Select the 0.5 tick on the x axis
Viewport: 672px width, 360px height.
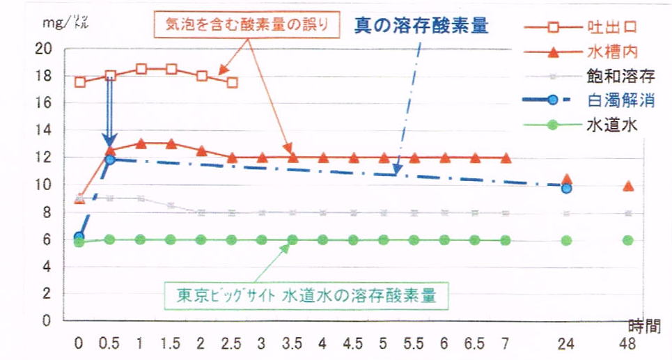click(x=110, y=343)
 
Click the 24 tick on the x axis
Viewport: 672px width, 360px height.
click(x=567, y=343)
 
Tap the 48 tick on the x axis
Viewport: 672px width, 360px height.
click(x=628, y=343)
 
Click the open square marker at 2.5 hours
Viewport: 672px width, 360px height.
click(x=232, y=82)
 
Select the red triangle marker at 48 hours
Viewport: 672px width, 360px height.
click(x=628, y=186)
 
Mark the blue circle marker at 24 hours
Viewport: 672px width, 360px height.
click(x=567, y=188)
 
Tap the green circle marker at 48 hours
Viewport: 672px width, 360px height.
click(x=628, y=240)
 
